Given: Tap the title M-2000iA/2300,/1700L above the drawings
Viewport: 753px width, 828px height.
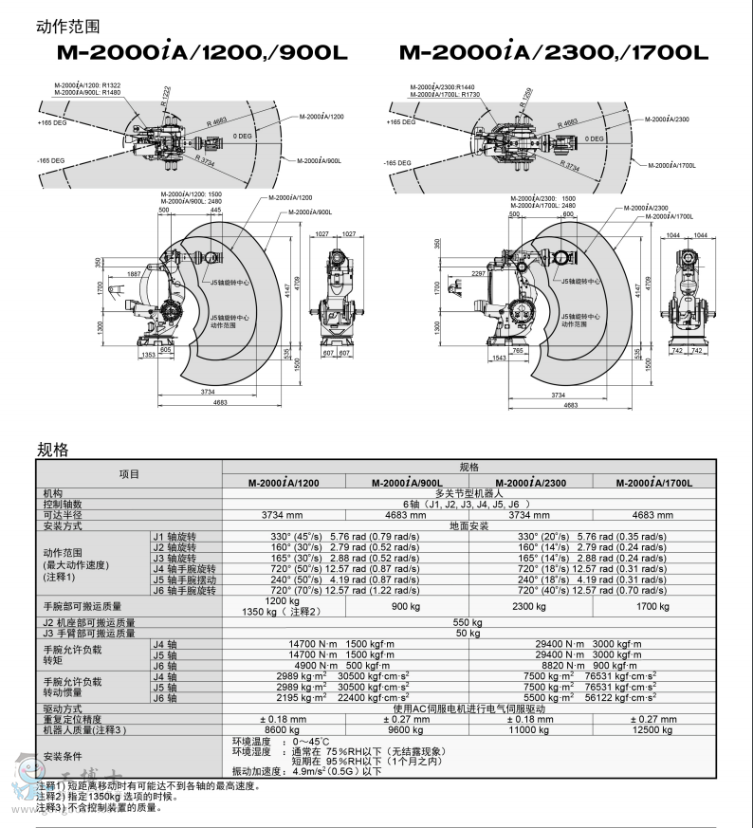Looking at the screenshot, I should [x=553, y=54].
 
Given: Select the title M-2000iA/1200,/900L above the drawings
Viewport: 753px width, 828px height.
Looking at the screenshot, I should [x=202, y=54].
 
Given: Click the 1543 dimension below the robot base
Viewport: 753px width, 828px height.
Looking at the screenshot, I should [x=501, y=359].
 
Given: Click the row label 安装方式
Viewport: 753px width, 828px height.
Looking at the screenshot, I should [x=63, y=525].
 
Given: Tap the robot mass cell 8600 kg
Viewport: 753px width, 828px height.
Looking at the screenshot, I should [x=282, y=731].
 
